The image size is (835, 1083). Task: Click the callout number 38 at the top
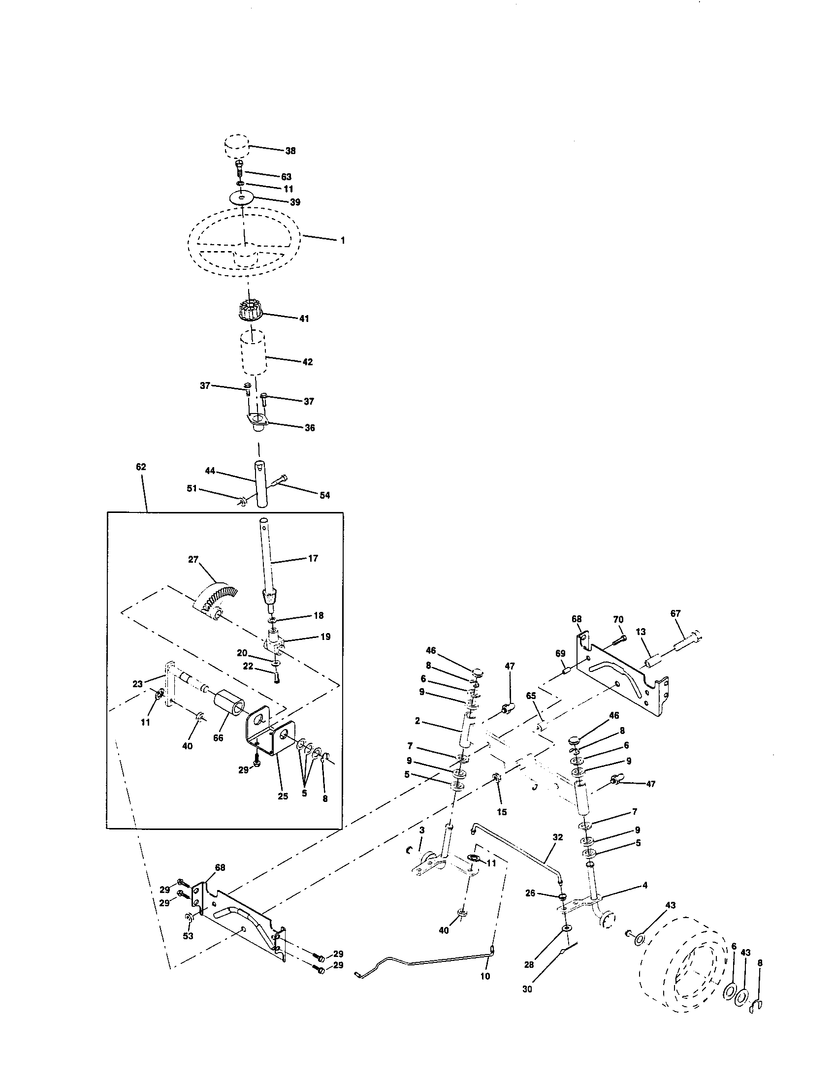290,151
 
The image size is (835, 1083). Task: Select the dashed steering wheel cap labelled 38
235,146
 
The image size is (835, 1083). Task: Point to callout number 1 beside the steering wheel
343,240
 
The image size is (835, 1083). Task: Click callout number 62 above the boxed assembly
141,467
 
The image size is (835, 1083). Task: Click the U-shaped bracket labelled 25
270,739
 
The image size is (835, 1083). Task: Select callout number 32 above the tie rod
558,837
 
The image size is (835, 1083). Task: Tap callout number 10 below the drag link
485,977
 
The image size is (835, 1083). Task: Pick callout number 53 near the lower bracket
189,936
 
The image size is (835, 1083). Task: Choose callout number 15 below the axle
502,812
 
